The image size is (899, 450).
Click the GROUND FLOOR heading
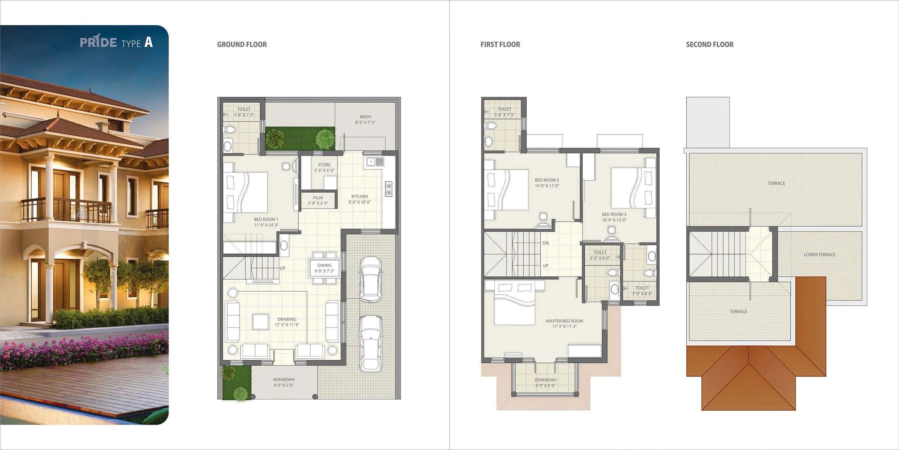(x=242, y=44)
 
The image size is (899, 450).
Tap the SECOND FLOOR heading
(x=710, y=44)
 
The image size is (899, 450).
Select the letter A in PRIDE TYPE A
(x=148, y=42)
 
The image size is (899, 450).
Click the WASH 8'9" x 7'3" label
(x=365, y=120)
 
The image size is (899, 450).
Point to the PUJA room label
(x=318, y=200)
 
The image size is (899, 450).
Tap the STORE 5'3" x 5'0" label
(x=324, y=167)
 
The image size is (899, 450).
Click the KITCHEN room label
(x=359, y=199)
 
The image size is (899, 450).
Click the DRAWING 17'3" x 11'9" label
(x=287, y=322)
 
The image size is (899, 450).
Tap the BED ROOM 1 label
(x=266, y=222)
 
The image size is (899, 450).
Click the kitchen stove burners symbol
(x=388, y=189)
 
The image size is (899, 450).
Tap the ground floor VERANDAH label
(x=283, y=382)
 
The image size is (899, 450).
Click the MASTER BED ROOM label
(x=564, y=323)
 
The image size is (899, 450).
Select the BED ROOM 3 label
(x=614, y=217)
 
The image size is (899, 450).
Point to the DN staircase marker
(x=546, y=243)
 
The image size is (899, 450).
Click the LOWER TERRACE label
(x=819, y=254)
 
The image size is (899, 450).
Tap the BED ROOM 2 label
(x=547, y=183)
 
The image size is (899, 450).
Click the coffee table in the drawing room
(x=261, y=322)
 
